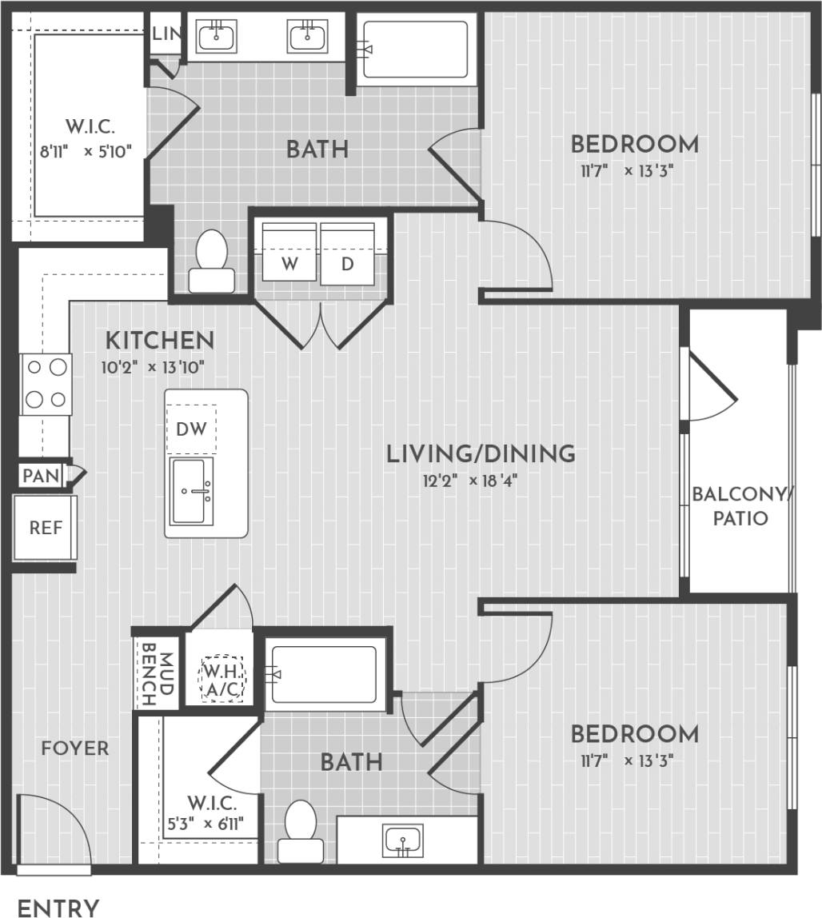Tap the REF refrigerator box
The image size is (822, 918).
(x=46, y=527)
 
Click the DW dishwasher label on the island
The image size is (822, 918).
(x=191, y=429)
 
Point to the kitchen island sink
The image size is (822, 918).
(x=192, y=491)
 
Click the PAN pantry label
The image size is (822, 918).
(x=41, y=476)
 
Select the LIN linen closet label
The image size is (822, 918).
(x=166, y=34)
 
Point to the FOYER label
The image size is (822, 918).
(x=75, y=748)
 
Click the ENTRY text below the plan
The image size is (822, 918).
(x=58, y=908)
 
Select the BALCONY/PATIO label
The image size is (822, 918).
(x=740, y=505)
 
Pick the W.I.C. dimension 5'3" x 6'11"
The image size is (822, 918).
(x=211, y=822)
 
